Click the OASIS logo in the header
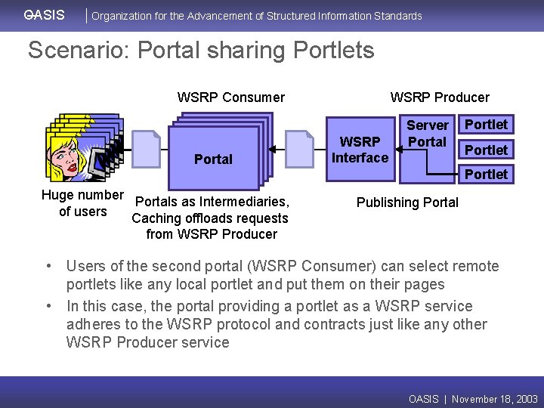pos(44,15)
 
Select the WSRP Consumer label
pos(230,97)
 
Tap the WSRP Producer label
pos(439,97)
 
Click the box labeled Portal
pos(213,159)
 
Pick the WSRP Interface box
pos(360,150)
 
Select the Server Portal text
pos(428,134)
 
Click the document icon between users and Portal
pos(145,148)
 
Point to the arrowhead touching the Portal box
pos(274,149)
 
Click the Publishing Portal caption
pos(407,202)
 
